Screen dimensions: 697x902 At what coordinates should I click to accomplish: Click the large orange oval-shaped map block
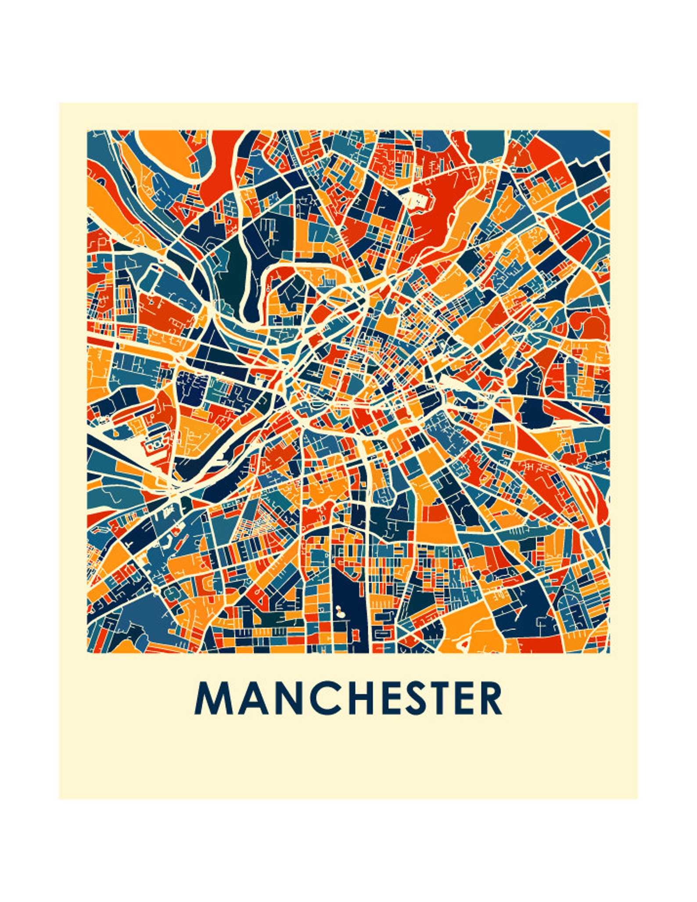tap(162, 151)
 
